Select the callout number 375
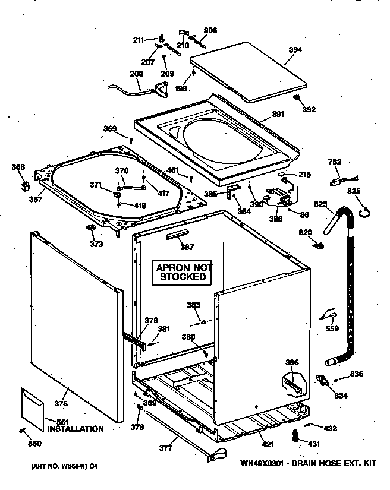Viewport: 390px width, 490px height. pyautogui.click(x=61, y=404)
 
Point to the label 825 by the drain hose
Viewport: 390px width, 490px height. pyautogui.click(x=320, y=204)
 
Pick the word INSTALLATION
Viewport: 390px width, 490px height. pyautogui.click(x=76, y=429)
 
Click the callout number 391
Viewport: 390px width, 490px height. pyautogui.click(x=277, y=115)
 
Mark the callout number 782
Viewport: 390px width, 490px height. pyautogui.click(x=335, y=162)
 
